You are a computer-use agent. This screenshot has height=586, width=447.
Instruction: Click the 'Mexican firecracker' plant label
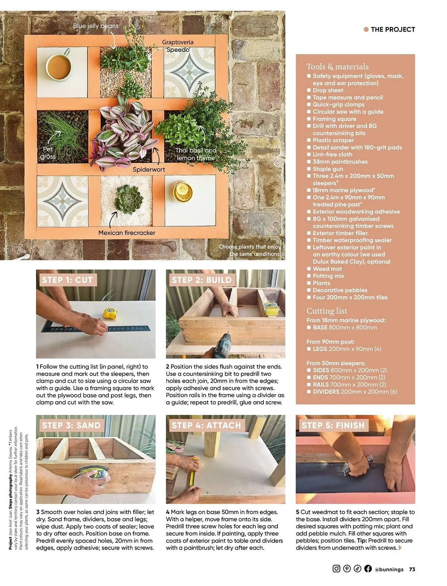127,233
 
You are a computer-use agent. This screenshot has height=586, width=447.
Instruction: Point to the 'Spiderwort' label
149,169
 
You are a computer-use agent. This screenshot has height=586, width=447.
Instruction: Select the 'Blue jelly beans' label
96,26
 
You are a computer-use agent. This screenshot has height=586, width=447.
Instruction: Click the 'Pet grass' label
48,153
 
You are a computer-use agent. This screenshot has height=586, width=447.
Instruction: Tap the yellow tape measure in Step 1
109,313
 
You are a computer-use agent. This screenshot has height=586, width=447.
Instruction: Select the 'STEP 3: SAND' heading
71,425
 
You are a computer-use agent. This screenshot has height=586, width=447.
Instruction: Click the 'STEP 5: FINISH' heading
333,425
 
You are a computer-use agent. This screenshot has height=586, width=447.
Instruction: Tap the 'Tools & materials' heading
337,67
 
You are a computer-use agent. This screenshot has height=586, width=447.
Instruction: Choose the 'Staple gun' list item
328,169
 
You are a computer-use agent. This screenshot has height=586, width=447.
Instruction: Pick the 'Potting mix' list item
328,276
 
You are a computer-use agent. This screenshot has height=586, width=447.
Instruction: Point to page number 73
412,569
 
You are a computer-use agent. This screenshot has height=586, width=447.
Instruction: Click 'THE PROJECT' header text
393,29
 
